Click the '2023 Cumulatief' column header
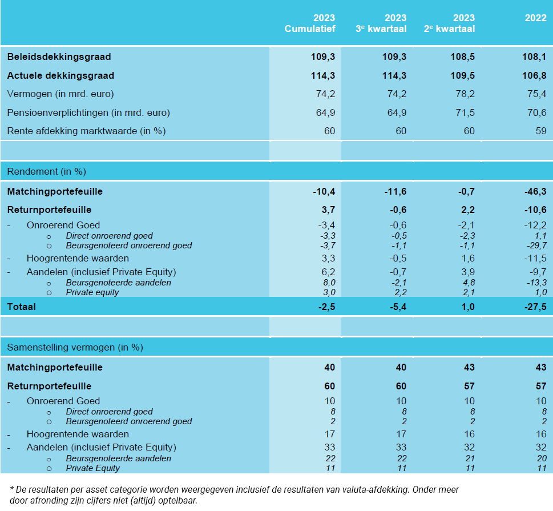pyautogui.click(x=310, y=23)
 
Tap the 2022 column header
pyautogui.click(x=535, y=18)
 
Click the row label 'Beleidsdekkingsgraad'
pyautogui.click(x=59, y=57)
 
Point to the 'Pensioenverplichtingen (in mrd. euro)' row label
pyautogui.click(x=88, y=112)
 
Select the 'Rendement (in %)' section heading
pyautogui.click(x=46, y=171)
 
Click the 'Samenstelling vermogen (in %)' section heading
pyautogui.click(x=75, y=347)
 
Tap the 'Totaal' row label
pyautogui.click(x=21, y=307)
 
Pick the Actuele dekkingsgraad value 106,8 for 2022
pyautogui.click(x=535, y=76)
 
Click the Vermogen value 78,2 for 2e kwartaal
pyautogui.click(x=463, y=94)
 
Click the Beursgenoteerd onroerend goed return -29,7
pyautogui.click(x=534, y=246)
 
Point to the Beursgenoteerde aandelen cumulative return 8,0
pyautogui.click(x=328, y=283)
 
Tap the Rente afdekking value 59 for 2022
pyautogui.click(x=540, y=131)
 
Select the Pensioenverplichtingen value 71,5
pyautogui.click(x=463, y=112)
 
